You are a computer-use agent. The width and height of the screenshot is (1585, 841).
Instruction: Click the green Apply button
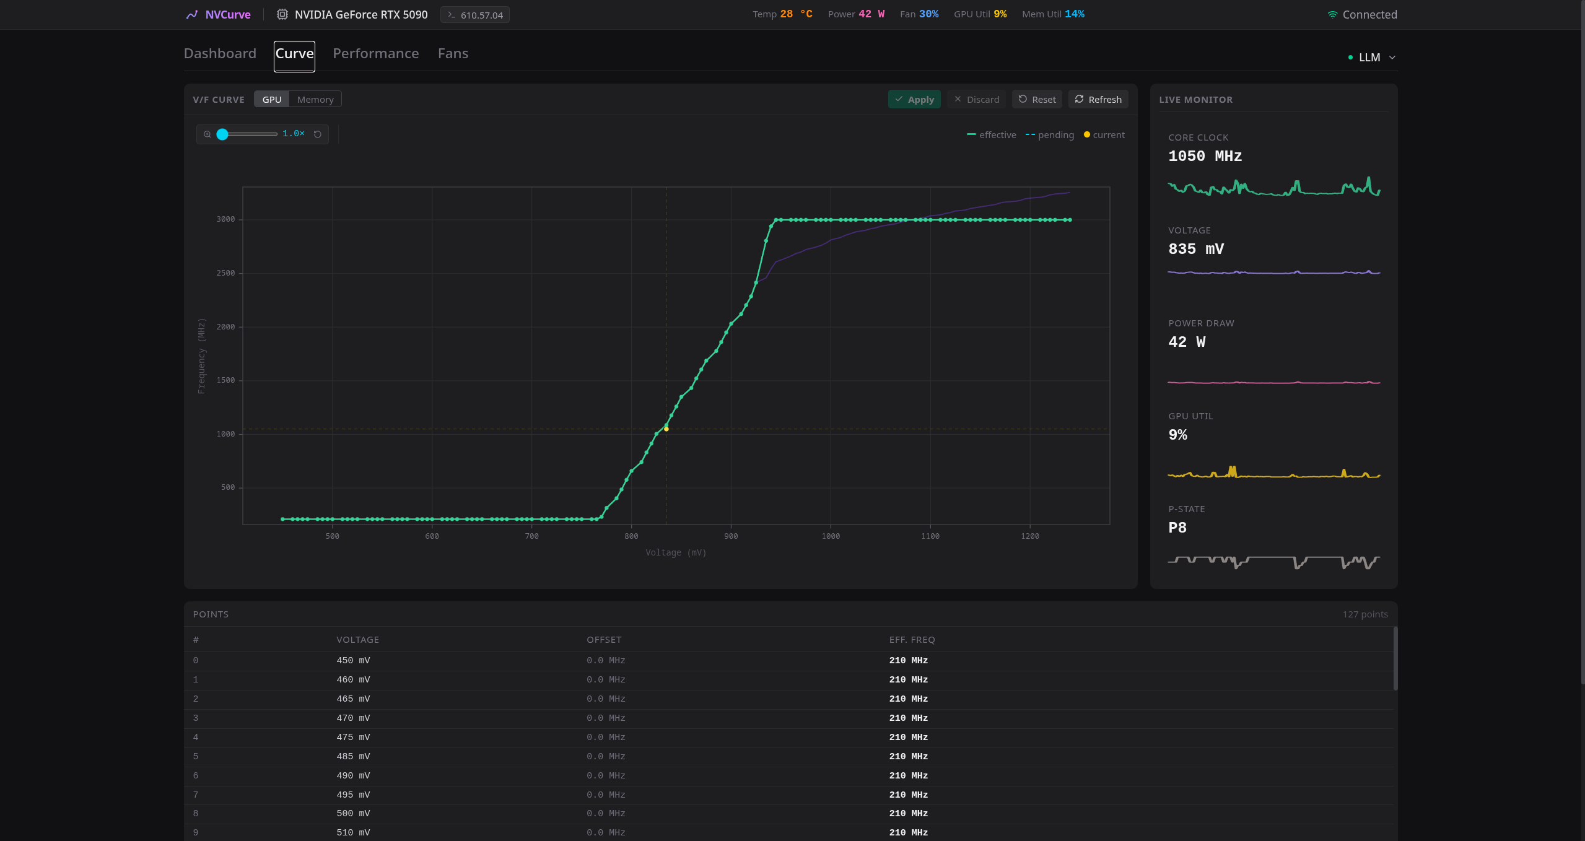tap(914, 99)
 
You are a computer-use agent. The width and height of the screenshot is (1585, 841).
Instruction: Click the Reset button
tap(1037, 99)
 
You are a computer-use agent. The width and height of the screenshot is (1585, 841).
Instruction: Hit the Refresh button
tap(1098, 99)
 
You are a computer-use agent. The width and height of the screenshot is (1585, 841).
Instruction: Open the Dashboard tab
tap(220, 54)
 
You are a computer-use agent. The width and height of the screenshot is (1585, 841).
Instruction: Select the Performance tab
tap(376, 54)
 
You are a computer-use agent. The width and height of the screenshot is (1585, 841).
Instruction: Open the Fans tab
tap(453, 54)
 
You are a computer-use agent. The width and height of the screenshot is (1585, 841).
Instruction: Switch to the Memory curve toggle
tap(315, 99)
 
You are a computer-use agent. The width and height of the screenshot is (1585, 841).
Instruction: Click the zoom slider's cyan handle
tap(222, 134)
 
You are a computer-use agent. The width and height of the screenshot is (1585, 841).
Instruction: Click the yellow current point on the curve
tap(666, 429)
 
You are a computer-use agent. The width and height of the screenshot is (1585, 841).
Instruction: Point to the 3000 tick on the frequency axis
tap(225, 219)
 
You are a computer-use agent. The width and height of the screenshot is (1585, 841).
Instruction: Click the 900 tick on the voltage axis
tap(731, 536)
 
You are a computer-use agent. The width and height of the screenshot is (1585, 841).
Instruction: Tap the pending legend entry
tap(1050, 135)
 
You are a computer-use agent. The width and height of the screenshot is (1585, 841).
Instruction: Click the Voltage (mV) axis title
tap(676, 552)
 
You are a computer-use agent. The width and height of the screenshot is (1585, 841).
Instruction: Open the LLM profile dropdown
tap(1371, 58)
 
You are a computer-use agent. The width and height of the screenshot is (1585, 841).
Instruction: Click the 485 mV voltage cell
tap(353, 756)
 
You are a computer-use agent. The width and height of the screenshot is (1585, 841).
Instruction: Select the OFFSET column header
tap(604, 640)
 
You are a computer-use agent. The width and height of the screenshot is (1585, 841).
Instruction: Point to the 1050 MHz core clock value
tap(1205, 156)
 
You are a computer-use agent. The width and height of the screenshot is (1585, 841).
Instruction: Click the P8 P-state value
tap(1177, 528)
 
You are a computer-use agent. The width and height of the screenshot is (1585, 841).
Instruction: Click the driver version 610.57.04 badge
tap(475, 15)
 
